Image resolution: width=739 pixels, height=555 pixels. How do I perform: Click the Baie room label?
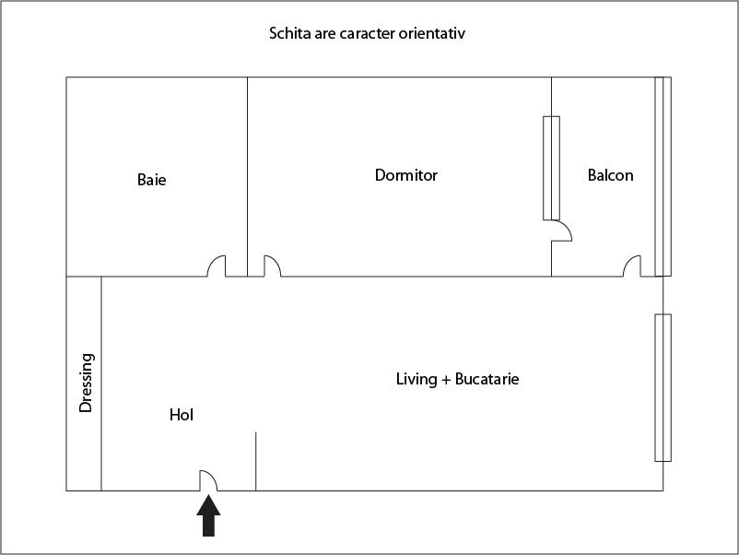(x=151, y=180)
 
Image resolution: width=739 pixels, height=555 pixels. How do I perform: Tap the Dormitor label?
(x=406, y=175)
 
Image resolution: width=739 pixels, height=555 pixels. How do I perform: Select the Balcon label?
(x=610, y=175)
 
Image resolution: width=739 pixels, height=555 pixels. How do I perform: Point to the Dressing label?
(x=87, y=383)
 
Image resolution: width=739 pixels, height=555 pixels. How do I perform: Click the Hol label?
(x=182, y=415)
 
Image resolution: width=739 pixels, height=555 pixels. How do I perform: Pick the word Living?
(x=416, y=379)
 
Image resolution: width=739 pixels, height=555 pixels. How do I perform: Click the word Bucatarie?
(x=487, y=379)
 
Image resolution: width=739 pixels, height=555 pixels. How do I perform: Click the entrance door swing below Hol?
(x=208, y=480)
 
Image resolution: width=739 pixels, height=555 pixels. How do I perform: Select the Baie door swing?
(x=217, y=266)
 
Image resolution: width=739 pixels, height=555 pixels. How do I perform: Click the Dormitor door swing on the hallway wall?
(x=273, y=266)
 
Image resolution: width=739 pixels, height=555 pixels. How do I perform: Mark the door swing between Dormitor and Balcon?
(x=562, y=230)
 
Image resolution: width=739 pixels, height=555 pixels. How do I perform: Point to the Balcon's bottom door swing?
(x=632, y=266)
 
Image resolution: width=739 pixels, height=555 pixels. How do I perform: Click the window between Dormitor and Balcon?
(x=551, y=169)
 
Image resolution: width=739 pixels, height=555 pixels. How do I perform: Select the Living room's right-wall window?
(x=663, y=387)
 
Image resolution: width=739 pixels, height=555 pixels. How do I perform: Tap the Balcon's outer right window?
(x=663, y=176)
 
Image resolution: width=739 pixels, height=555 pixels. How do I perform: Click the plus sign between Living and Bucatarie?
(x=446, y=380)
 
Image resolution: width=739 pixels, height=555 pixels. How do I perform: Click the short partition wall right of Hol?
(x=256, y=461)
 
